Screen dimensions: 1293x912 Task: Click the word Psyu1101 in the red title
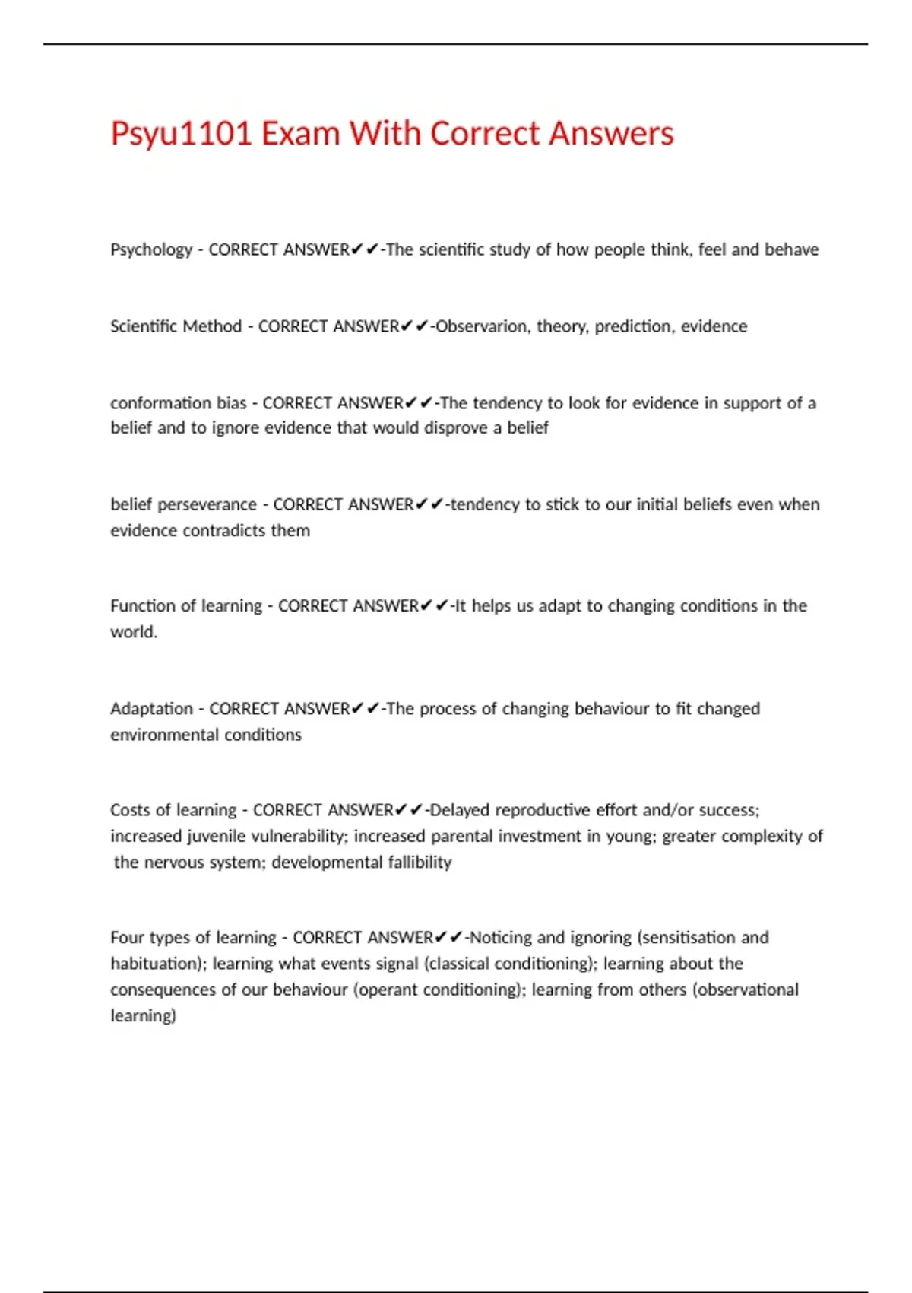(x=181, y=134)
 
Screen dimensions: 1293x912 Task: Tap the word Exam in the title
(x=299, y=134)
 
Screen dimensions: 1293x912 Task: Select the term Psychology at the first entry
(x=151, y=250)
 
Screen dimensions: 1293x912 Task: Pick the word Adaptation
(x=151, y=709)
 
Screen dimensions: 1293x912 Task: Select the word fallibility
(x=420, y=862)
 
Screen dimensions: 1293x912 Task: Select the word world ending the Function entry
(x=133, y=632)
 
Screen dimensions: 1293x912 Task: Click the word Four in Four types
(x=127, y=937)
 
